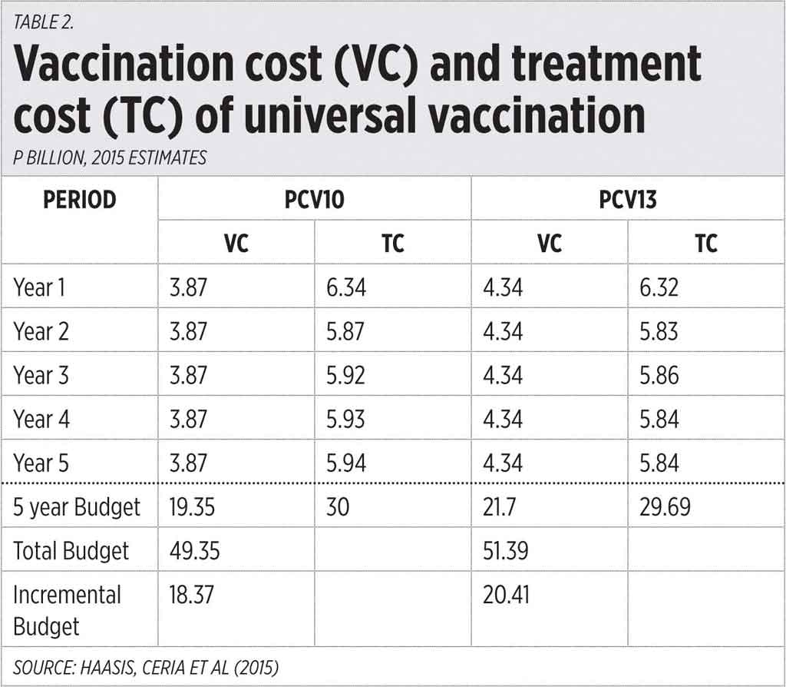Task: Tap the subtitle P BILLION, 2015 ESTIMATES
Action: [x=110, y=158]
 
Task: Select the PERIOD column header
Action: [x=80, y=200]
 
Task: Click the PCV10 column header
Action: [x=314, y=200]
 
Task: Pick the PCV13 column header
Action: [x=627, y=200]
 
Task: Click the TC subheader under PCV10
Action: [x=393, y=243]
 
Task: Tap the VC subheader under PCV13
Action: [x=550, y=243]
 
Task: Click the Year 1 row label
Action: [x=44, y=287]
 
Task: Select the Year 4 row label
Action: [x=45, y=420]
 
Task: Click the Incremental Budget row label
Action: [x=67, y=610]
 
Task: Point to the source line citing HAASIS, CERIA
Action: [x=146, y=667]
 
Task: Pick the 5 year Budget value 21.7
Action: [x=503, y=507]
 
